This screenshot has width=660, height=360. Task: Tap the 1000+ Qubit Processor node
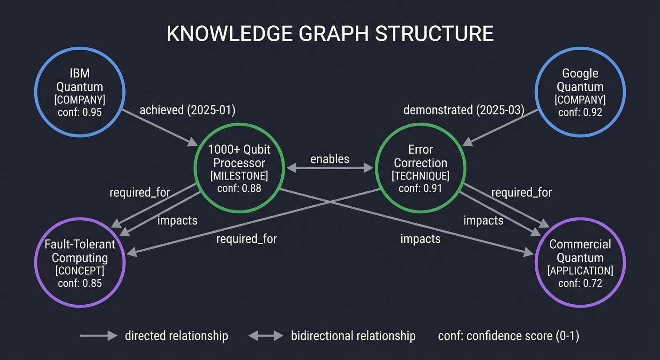[x=239, y=169]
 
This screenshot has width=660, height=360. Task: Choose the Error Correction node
[x=420, y=169]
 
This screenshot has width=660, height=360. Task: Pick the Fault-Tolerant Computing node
[x=80, y=262]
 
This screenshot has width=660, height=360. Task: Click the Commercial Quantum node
[x=580, y=262]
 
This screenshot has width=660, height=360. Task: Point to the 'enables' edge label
[x=330, y=159]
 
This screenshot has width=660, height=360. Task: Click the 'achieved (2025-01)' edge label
[x=187, y=110]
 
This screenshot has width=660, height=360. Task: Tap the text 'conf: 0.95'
[x=80, y=112]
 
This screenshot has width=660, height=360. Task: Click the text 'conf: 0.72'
[x=580, y=283]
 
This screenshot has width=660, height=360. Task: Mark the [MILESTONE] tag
[x=239, y=176]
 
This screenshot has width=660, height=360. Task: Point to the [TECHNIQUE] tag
[x=420, y=176]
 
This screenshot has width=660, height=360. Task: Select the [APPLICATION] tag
[x=580, y=271]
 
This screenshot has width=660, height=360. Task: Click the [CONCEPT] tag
[x=80, y=271]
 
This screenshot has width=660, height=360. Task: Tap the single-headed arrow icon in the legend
[x=98, y=336]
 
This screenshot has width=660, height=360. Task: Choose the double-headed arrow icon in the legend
[x=266, y=336]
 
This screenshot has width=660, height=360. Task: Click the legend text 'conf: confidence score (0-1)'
[x=509, y=336]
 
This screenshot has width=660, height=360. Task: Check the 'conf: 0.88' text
[x=239, y=188]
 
